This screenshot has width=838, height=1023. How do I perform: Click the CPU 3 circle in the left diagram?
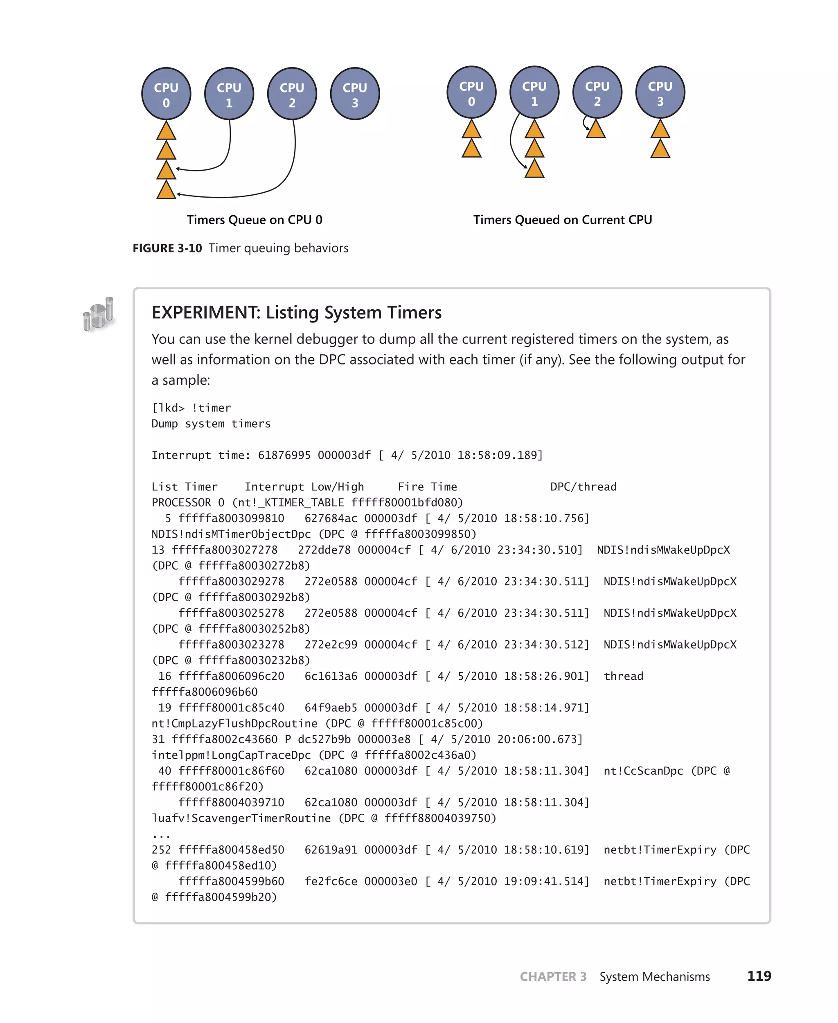point(355,94)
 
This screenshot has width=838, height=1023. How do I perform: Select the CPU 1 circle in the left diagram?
point(229,94)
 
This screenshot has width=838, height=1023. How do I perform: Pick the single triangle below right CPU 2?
point(596,130)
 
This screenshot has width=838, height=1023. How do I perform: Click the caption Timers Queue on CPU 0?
point(255,220)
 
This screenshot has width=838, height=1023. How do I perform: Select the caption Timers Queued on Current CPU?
point(562,220)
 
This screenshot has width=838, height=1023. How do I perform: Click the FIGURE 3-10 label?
point(167,248)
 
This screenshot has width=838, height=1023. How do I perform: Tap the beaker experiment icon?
point(99,314)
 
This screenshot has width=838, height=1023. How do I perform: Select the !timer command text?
point(211,408)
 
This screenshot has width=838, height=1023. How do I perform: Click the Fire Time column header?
point(427,487)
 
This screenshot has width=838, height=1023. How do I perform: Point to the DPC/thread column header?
point(583,487)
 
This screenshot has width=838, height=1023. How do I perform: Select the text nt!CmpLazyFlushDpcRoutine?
point(234,723)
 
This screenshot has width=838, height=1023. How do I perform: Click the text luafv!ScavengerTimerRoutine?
point(241,818)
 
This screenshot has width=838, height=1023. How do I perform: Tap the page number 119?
point(759,976)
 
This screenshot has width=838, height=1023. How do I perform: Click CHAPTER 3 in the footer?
point(553,977)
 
